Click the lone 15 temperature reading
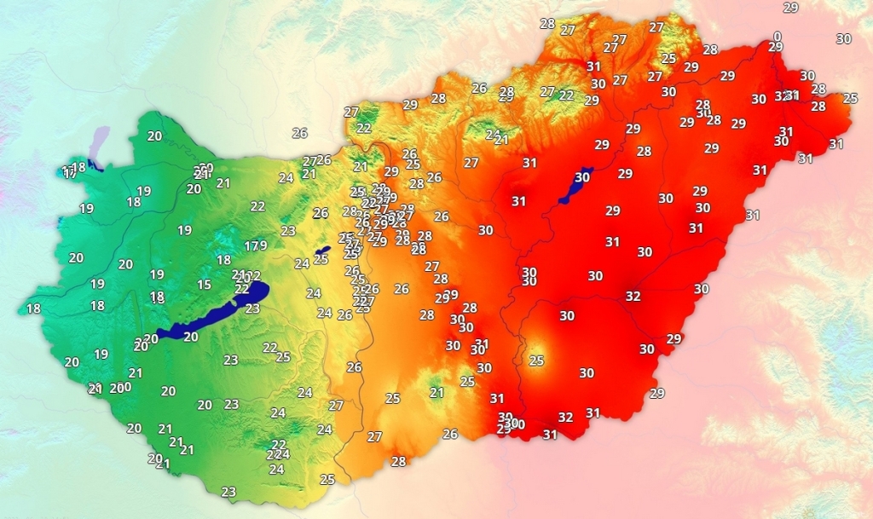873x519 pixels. pyautogui.click(x=204, y=285)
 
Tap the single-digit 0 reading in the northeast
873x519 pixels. pyautogui.click(x=777, y=36)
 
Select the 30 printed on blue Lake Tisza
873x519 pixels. pyautogui.click(x=582, y=177)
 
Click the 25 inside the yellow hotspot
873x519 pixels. pyautogui.click(x=536, y=360)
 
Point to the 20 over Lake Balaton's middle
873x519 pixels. pyautogui.click(x=191, y=337)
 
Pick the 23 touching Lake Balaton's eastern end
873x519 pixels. pyautogui.click(x=252, y=309)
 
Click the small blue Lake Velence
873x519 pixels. pyautogui.click(x=321, y=252)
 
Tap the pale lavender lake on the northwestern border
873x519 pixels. pyautogui.click(x=102, y=136)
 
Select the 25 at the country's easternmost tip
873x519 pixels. pyautogui.click(x=850, y=98)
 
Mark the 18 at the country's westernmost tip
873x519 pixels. pyautogui.click(x=34, y=309)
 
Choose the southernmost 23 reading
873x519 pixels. pyautogui.click(x=228, y=492)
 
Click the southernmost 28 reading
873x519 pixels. pyautogui.click(x=398, y=462)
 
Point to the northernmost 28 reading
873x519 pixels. pyautogui.click(x=547, y=23)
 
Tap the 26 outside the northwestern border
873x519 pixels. pyautogui.click(x=299, y=133)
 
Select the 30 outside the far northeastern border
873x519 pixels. pyautogui.click(x=843, y=38)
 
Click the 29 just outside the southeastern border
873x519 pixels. pyautogui.click(x=656, y=393)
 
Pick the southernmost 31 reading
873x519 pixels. pyautogui.click(x=550, y=435)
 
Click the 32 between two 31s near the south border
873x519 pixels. pyautogui.click(x=565, y=418)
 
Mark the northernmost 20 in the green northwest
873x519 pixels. pyautogui.click(x=154, y=136)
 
